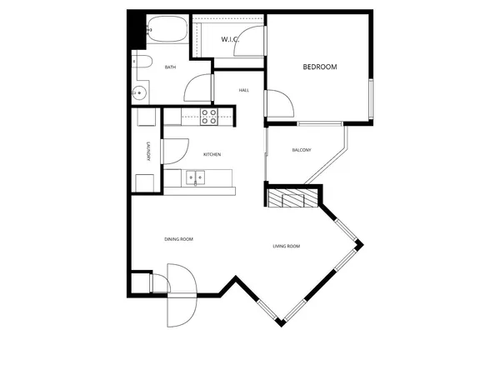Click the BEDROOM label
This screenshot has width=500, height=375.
(319, 67)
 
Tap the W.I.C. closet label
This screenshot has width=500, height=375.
(231, 39)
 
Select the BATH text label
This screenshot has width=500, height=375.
(170, 67)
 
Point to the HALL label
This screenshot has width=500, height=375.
(244, 90)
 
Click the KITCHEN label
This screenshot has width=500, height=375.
(212, 154)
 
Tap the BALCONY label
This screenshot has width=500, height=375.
(301, 150)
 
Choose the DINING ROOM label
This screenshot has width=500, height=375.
(178, 239)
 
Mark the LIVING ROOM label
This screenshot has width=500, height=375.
(287, 246)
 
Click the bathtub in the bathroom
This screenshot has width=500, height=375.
(167, 32)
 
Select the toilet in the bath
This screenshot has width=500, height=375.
(141, 65)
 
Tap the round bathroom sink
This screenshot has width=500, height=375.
(140, 92)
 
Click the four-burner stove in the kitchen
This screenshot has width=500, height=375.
(209, 117)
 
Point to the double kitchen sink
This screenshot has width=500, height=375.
(197, 177)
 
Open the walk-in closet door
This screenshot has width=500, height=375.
(248, 46)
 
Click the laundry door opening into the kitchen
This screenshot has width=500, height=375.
(175, 150)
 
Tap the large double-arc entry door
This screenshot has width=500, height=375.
(181, 296)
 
